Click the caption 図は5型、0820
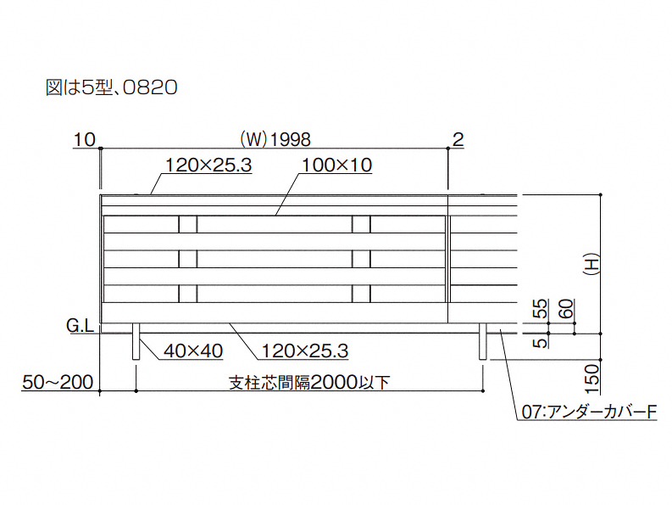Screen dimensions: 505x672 click(111, 87)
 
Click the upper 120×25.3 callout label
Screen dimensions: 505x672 click(208, 166)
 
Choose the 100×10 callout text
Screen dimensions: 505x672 click(336, 166)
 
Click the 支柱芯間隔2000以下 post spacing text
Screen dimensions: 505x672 click(309, 383)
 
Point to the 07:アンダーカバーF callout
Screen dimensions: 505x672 click(590, 413)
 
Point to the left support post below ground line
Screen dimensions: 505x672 click(136, 341)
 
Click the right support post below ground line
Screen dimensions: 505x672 click(484, 341)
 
